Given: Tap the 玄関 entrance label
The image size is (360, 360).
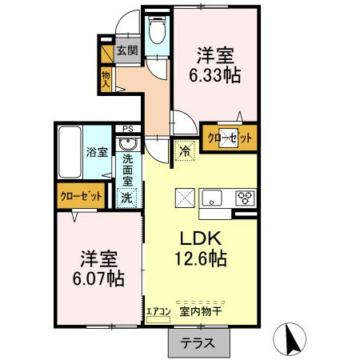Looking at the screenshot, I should pyautogui.click(x=126, y=50).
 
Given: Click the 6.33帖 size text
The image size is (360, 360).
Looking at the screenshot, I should pyautogui.click(x=214, y=77).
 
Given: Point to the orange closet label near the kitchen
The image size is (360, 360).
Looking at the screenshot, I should pyautogui.click(x=230, y=138).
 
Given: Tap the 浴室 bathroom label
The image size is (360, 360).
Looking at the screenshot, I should pyautogui.click(x=97, y=152).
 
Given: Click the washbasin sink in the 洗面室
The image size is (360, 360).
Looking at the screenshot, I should pyautogui.click(x=127, y=145).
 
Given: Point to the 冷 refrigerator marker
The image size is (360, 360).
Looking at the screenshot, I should pyautogui.click(x=185, y=150).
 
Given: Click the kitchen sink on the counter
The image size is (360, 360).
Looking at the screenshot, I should pyautogui.click(x=214, y=198).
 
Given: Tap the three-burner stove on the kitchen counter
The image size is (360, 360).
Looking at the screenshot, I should pyautogui.click(x=244, y=198).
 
